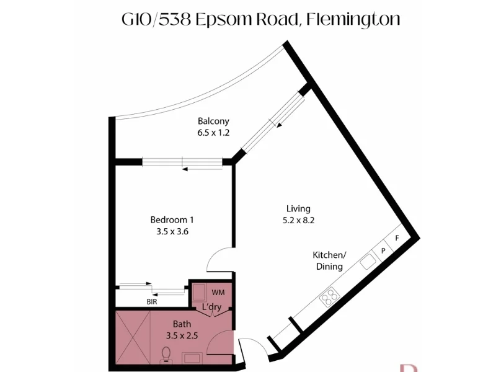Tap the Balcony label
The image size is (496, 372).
click(213, 121)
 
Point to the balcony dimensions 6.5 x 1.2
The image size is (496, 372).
click(213, 132)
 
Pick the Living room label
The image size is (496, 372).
click(298, 208)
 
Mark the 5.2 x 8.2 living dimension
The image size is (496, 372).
click(298, 219)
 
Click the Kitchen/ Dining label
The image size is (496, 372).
click(329, 261)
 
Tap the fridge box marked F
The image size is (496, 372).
click(397, 237)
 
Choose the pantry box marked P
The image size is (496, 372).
click(383, 250)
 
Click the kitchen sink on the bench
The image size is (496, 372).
click(368, 262)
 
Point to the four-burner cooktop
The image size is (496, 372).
click(329, 298)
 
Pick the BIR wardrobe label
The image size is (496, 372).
click(151, 302)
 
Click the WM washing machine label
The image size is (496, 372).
click(218, 291)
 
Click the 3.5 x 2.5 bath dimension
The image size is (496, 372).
click(182, 335)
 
